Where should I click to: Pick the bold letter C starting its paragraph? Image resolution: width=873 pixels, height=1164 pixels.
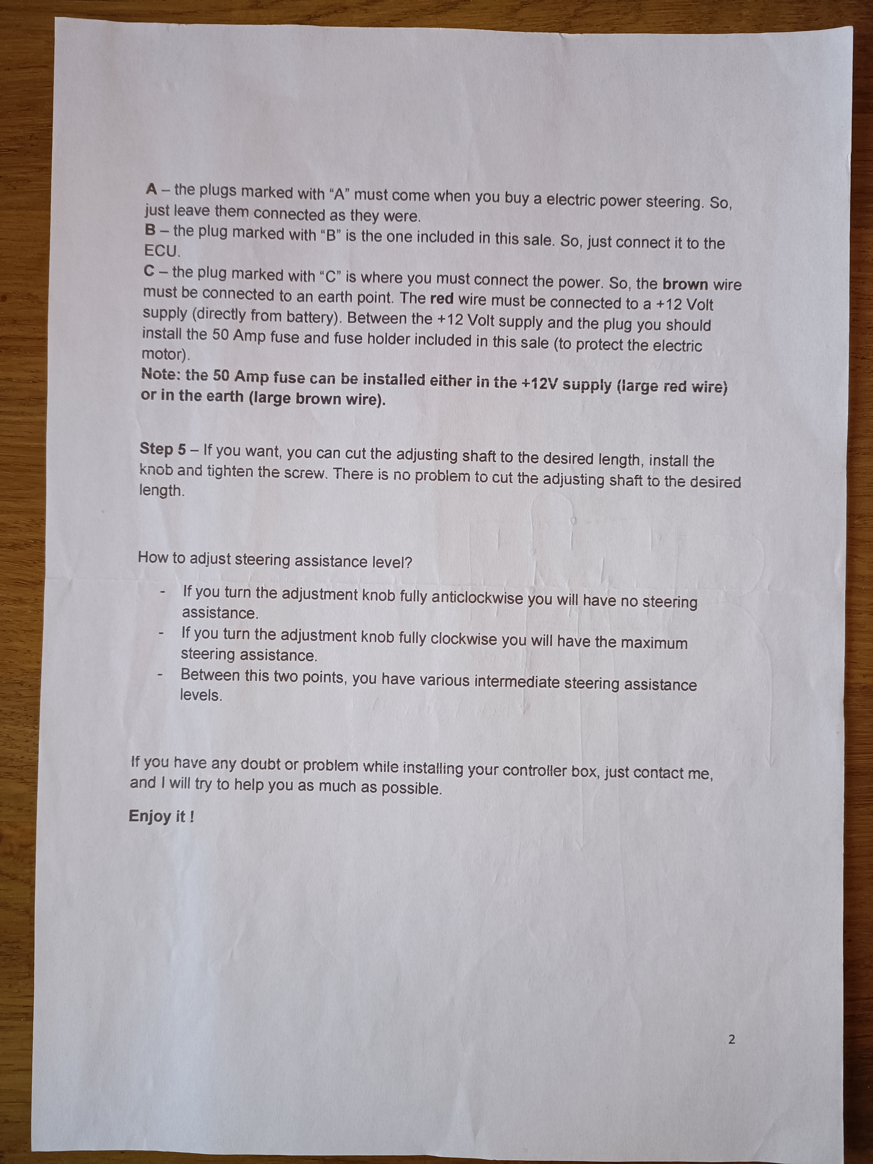pyautogui.click(x=149, y=272)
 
